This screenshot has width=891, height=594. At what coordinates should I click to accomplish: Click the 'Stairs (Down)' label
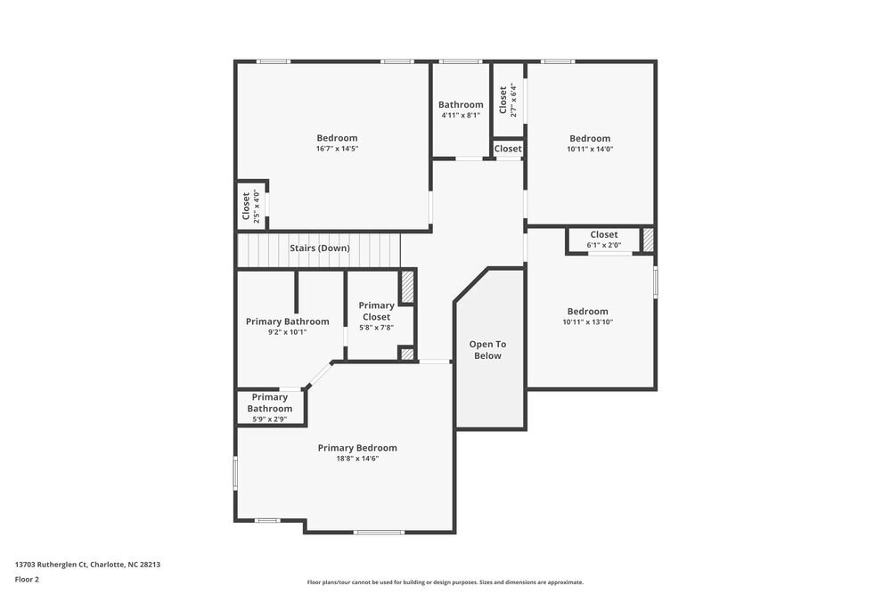(319, 248)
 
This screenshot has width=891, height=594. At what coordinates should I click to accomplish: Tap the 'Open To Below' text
(487, 350)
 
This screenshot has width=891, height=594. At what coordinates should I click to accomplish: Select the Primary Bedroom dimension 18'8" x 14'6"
(357, 459)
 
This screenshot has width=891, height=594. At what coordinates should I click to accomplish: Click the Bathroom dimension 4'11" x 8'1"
(461, 115)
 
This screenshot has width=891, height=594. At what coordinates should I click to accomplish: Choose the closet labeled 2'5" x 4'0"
(251, 206)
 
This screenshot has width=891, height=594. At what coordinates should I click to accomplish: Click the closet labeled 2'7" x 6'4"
(508, 100)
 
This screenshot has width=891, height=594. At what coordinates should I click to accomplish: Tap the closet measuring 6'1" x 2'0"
(603, 240)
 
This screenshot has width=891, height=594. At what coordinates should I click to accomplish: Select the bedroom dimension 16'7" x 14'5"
(337, 149)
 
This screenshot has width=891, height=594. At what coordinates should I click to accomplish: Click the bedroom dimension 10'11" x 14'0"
(590, 149)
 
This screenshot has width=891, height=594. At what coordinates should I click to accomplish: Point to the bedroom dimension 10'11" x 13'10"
(588, 322)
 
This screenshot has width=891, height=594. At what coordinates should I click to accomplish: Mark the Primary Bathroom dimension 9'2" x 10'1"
(287, 332)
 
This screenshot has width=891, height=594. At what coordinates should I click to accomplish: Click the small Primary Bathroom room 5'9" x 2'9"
(269, 408)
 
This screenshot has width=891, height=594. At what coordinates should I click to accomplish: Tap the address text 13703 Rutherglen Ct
(87, 564)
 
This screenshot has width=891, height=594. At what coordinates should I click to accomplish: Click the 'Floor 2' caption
(27, 579)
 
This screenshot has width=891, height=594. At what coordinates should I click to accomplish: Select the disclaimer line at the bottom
(445, 582)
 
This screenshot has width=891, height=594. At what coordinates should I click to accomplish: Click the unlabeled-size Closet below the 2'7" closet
(508, 149)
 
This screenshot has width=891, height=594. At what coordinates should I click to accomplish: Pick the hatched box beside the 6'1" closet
(648, 240)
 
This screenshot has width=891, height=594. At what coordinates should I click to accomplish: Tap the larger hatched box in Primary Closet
(407, 287)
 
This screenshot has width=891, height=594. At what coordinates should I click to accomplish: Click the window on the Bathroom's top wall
(461, 61)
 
